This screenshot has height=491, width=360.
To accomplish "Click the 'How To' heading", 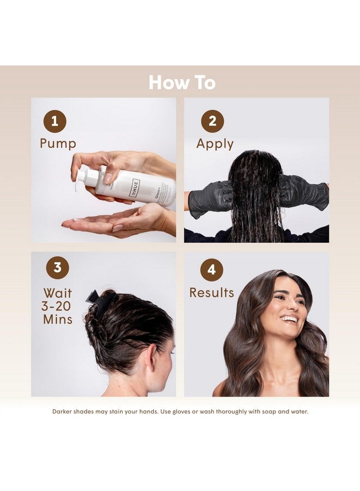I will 182,82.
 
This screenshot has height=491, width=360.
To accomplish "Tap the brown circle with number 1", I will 55,121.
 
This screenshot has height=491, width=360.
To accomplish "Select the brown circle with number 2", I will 212,121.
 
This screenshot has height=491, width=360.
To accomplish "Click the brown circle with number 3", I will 57,268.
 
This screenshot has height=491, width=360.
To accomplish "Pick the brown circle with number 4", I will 212,270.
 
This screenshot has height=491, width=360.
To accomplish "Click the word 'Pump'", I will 58,144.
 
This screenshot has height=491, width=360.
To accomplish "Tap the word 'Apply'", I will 215,144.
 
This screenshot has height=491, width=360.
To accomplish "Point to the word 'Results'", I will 212,293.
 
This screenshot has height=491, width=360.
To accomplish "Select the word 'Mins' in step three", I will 58,320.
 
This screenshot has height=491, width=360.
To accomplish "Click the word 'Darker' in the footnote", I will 64,411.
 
